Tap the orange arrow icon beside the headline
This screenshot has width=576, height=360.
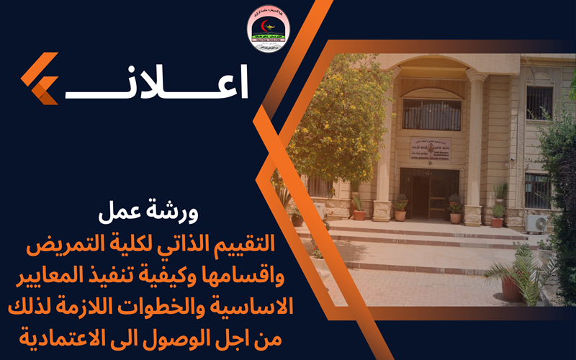click(x=40, y=78)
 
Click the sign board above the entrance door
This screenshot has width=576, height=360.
click(x=431, y=148)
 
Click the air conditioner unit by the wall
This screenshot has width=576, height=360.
click(x=536, y=224)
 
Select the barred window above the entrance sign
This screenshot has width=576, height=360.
click(x=431, y=114)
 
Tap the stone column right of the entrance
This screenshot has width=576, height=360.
click(x=474, y=144)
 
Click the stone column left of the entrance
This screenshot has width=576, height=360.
click(x=384, y=144)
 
